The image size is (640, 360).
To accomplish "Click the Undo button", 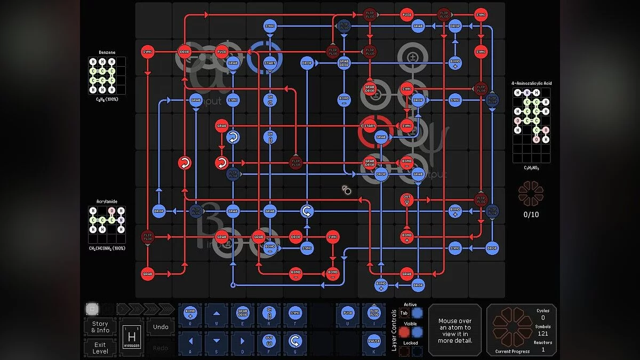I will [161, 327].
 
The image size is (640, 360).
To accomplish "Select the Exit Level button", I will [100, 348].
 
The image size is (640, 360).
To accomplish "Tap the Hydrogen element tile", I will [131, 337].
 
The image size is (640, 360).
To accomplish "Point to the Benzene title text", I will [107, 52].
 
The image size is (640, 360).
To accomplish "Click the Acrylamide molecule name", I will [107, 202].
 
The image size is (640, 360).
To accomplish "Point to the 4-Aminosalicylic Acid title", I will [531, 83].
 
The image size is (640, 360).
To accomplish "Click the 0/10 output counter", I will [531, 214].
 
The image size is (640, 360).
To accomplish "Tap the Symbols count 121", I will [542, 333].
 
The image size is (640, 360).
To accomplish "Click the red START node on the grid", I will [370, 126].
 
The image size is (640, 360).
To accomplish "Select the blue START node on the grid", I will [270, 63].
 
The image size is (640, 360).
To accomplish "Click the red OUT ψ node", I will [407, 200].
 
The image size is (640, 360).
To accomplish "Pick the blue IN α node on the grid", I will [270, 100].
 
